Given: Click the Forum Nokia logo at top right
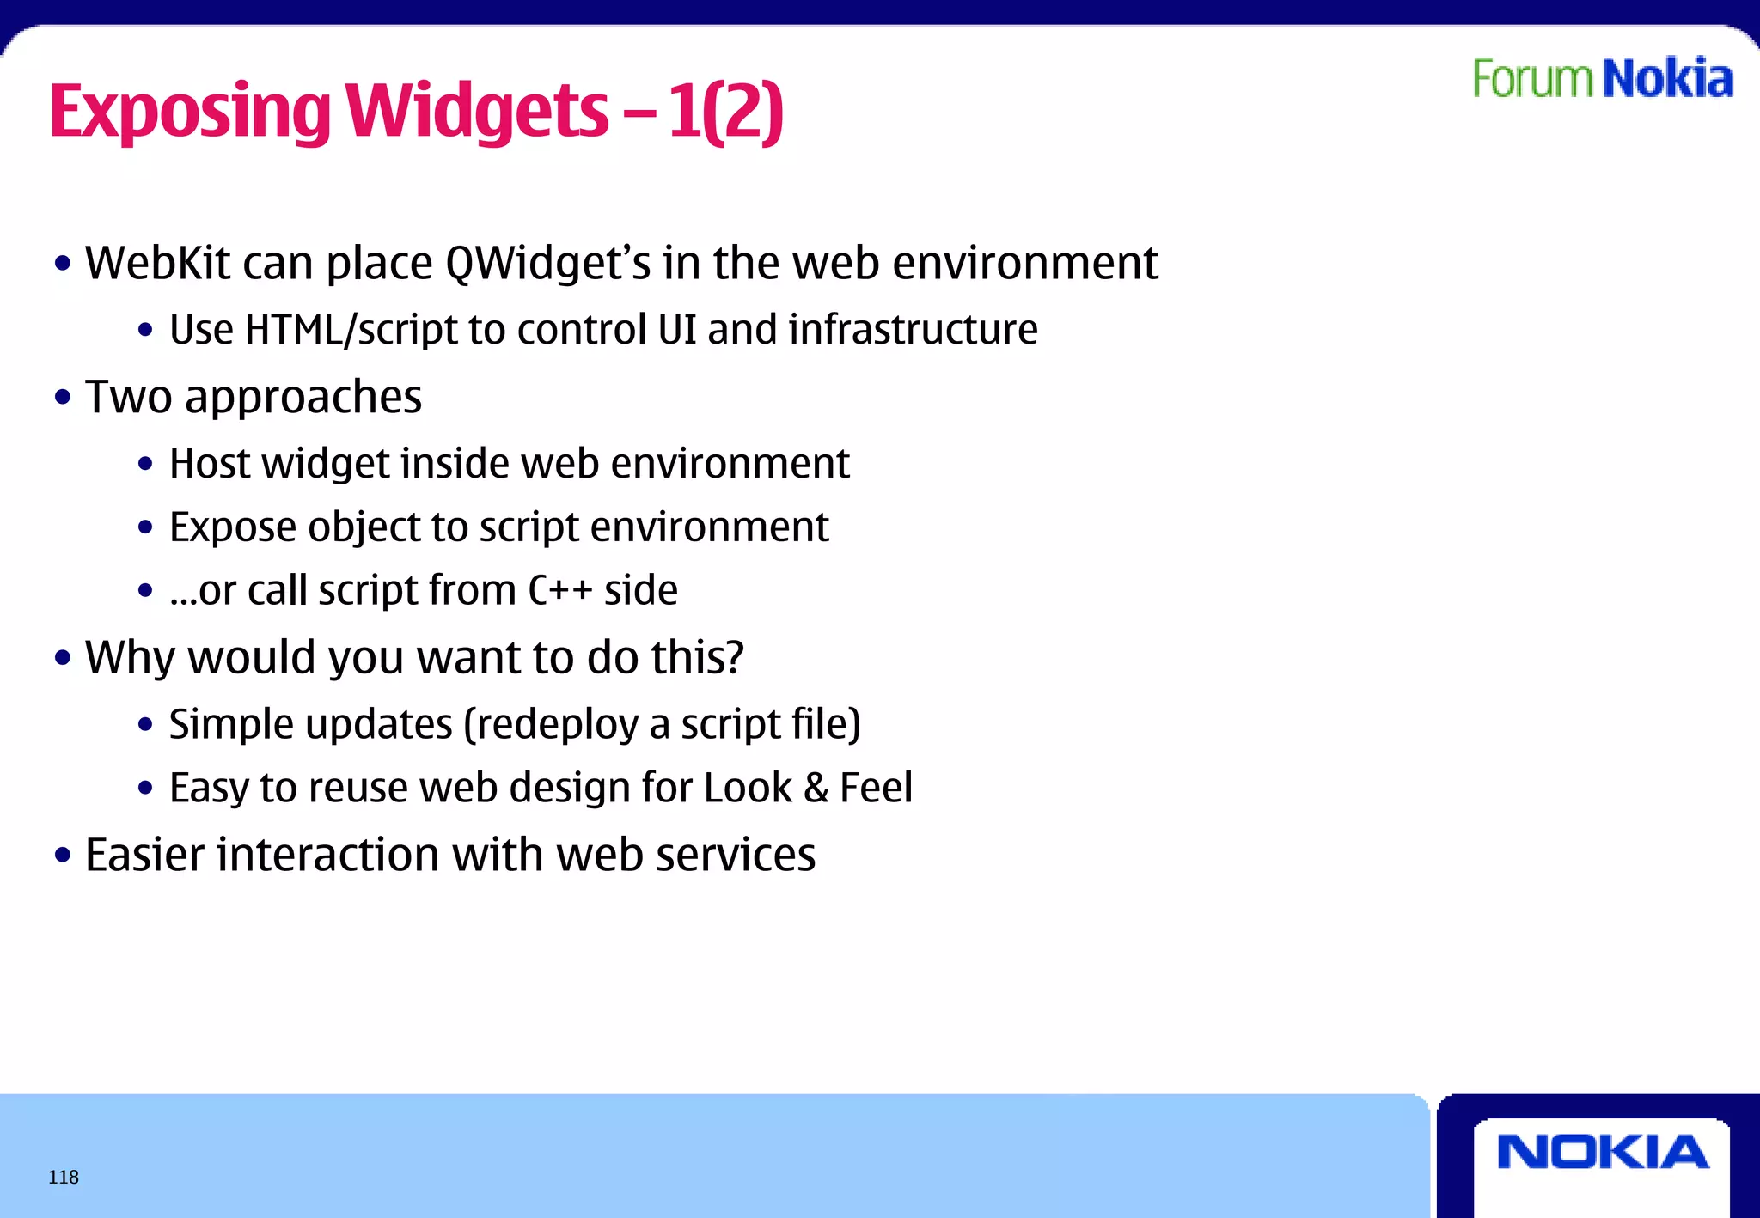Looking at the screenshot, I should coord(1602,79).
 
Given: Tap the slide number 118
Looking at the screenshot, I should coord(64,1177).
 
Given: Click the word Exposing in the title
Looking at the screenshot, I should coord(190,112).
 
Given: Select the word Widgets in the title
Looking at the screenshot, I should coord(477,112).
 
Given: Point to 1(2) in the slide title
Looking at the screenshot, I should coord(725,112).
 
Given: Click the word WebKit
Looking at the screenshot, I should coord(157,263).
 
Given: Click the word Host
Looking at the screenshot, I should coord(210,464).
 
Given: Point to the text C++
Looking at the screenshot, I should coord(559,591).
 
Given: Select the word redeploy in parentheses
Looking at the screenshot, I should coord(555,725).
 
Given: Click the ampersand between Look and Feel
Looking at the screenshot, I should coord(816,789).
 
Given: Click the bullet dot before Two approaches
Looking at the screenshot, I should coord(63,398).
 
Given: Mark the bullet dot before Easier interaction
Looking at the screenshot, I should coord(63,856).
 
